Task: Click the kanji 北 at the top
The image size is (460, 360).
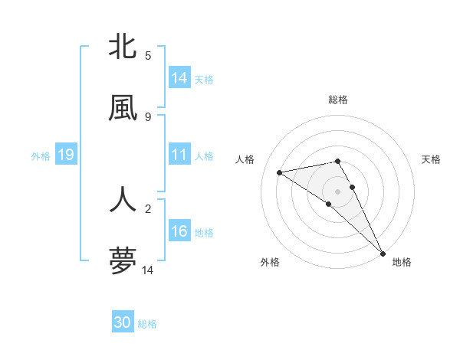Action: click(x=123, y=47)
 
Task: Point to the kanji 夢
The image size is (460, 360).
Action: click(x=123, y=260)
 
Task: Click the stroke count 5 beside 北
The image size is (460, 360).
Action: click(x=148, y=56)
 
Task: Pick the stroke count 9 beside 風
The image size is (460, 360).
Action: click(x=148, y=116)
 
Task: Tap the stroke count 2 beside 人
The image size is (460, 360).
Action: click(x=148, y=208)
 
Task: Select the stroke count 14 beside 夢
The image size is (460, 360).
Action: click(x=148, y=270)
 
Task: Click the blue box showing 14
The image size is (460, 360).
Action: click(x=179, y=78)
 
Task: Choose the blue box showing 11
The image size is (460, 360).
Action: click(x=179, y=155)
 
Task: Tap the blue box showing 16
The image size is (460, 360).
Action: click(x=179, y=232)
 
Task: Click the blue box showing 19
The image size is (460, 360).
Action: click(x=65, y=155)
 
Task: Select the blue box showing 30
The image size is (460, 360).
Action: click(x=123, y=322)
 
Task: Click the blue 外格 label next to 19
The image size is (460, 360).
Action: click(x=41, y=156)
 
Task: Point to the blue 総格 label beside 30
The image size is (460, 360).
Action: click(x=147, y=324)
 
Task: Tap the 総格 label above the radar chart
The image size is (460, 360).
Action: click(x=338, y=100)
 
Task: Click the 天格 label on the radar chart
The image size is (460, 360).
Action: click(x=431, y=159)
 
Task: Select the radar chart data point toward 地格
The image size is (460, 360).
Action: click(x=383, y=253)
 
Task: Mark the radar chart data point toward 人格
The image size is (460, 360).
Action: click(x=279, y=172)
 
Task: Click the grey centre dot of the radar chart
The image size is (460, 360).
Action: click(x=337, y=191)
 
